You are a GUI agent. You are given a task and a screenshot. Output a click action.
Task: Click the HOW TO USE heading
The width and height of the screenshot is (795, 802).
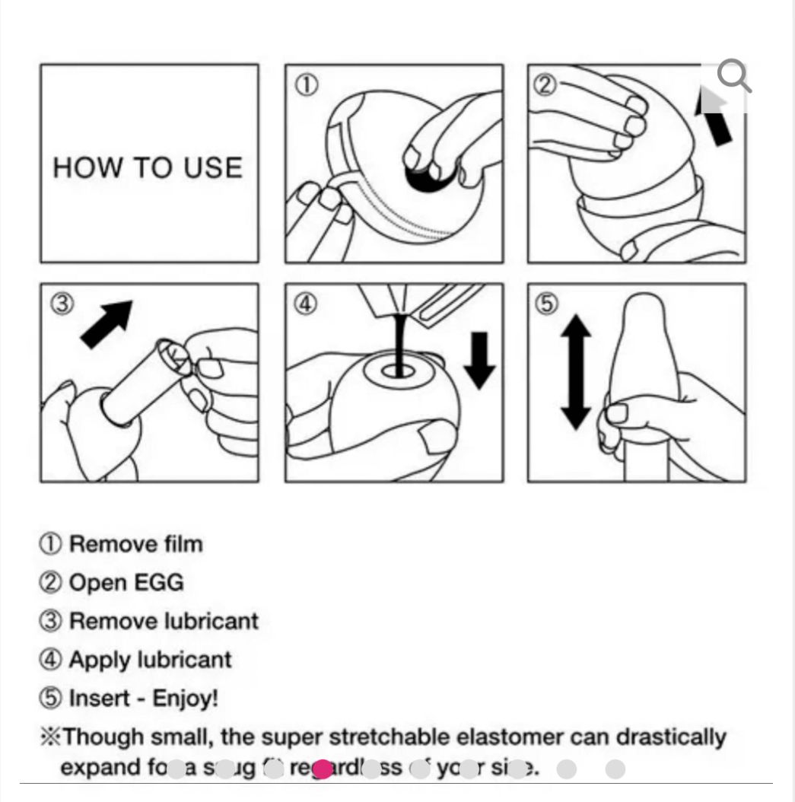(148, 167)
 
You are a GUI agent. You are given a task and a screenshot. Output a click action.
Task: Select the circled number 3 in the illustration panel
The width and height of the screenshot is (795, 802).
(62, 304)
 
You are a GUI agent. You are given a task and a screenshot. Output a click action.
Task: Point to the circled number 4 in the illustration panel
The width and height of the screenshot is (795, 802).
(305, 304)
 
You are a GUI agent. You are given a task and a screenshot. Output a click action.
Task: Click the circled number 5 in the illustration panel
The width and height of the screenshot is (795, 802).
(547, 304)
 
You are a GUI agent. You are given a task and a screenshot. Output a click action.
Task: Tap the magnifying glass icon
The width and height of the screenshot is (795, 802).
(733, 76)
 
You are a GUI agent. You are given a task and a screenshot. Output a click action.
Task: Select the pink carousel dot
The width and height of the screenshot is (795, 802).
(323, 769)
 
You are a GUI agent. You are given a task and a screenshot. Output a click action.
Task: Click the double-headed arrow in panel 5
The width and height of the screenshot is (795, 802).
(576, 373)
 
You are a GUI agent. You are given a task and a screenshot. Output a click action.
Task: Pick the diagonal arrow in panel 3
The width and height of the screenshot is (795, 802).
(107, 323)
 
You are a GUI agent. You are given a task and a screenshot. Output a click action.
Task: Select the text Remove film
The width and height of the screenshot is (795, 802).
(135, 544)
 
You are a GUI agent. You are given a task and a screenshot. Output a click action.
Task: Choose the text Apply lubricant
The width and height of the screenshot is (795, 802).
(150, 659)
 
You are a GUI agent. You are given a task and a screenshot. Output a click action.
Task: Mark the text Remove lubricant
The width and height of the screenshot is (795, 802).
(164, 621)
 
